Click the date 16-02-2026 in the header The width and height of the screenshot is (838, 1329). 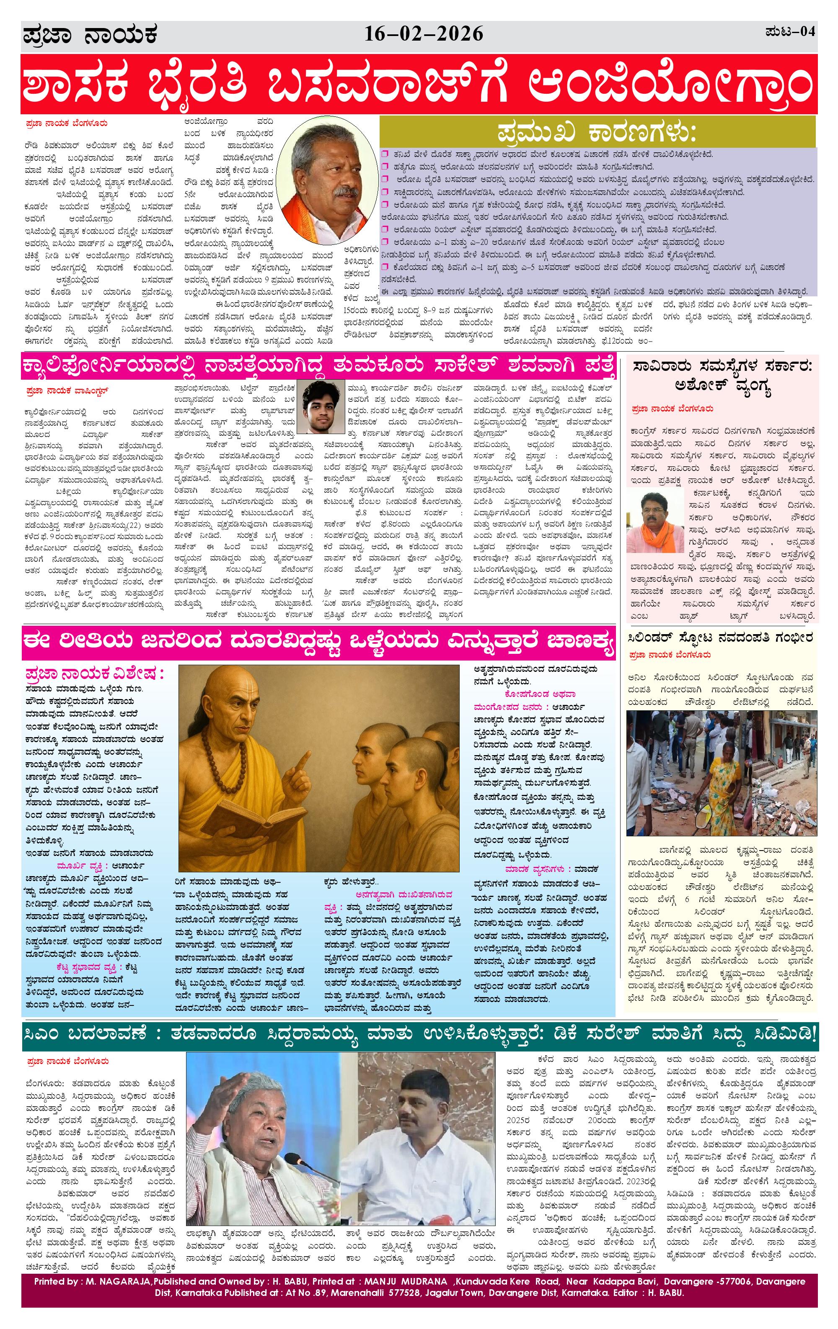424,35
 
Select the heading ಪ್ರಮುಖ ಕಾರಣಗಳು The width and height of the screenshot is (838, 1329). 597,134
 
